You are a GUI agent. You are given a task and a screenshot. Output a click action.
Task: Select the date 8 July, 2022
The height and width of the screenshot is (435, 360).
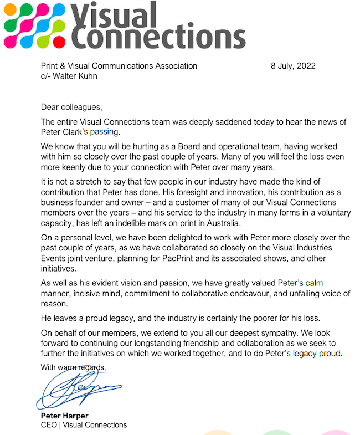tap(293, 65)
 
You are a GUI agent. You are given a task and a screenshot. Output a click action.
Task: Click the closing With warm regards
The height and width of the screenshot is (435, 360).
tap(73, 367)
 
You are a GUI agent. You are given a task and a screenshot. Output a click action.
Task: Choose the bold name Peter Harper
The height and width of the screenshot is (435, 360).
tap(64, 416)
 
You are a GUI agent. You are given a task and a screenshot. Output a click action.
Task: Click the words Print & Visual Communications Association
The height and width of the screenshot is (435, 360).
tap(119, 65)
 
